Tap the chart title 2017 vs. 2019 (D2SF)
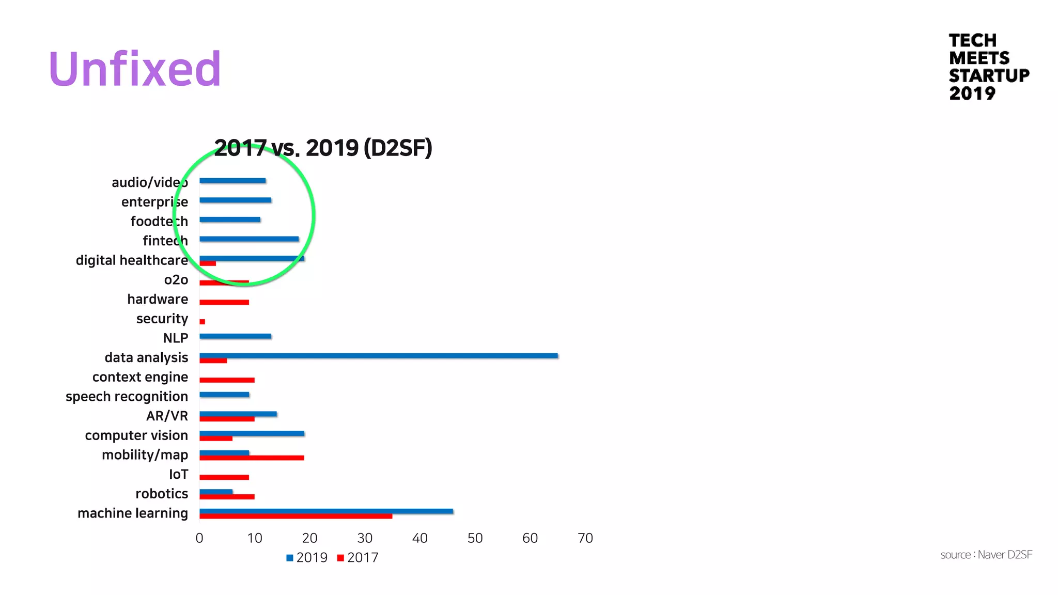click(x=323, y=148)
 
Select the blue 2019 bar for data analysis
click(x=378, y=355)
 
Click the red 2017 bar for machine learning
click(x=295, y=516)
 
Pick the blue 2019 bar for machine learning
click(x=326, y=511)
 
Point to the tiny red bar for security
click(x=202, y=322)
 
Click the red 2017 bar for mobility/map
click(x=252, y=458)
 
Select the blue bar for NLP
click(x=235, y=336)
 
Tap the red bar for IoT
click(x=224, y=477)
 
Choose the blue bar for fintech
click(x=248, y=239)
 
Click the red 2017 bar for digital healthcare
click(x=208, y=263)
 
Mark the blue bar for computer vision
click(x=252, y=433)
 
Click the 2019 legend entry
click(x=307, y=558)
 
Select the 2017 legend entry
click(x=357, y=558)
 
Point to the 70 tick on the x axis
click(x=585, y=538)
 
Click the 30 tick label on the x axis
click(x=365, y=538)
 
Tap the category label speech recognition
click(x=127, y=397)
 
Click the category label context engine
click(x=140, y=377)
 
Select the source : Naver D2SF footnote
click(x=986, y=555)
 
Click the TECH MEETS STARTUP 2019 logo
click(x=988, y=67)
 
